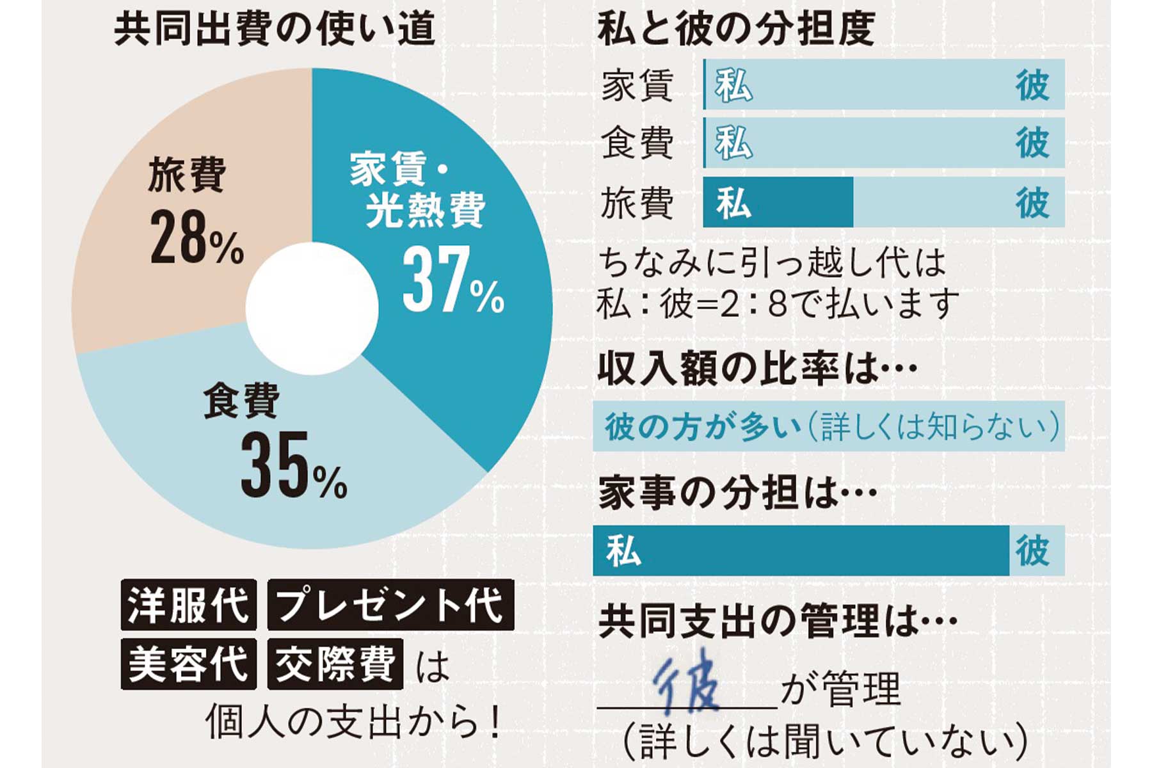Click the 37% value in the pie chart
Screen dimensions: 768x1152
coord(452,282)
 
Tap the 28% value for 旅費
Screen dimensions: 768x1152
coord(196,239)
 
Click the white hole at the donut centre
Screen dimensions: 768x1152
coord(312,308)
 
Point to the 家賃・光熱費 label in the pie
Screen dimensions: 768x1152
coord(416,189)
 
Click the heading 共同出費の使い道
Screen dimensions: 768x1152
coord(274,29)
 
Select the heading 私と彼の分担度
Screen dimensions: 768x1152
coord(736,29)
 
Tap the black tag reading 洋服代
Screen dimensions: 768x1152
coord(188,605)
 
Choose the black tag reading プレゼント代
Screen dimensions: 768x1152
coord(390,605)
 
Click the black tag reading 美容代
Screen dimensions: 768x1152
coord(188,664)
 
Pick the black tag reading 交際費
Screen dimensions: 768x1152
coord(335,664)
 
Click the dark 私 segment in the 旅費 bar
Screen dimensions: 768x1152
coord(778,203)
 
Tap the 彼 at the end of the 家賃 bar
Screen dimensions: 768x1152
coord(1032,85)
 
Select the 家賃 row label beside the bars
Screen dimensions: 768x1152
coord(637,86)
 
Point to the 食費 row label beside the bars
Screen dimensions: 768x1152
coord(637,143)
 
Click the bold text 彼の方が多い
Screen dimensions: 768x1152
coord(703,427)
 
